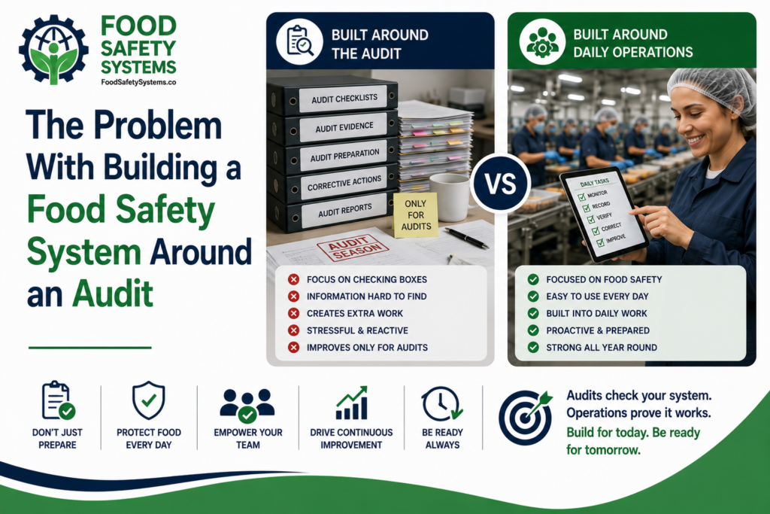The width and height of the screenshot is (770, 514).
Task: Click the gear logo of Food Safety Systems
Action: pyautogui.click(x=53, y=50)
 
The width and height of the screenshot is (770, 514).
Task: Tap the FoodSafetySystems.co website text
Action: pyautogui.click(x=138, y=82)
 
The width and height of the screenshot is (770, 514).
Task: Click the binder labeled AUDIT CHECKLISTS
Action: pyautogui.click(x=332, y=96)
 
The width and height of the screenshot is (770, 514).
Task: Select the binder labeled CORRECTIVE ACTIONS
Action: pyautogui.click(x=332, y=184)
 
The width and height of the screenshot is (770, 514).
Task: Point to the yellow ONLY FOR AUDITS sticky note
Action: pyautogui.click(x=415, y=214)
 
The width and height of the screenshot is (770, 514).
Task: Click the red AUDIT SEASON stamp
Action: pyautogui.click(x=353, y=247)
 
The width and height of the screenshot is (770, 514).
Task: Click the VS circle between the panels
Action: pyautogui.click(x=500, y=184)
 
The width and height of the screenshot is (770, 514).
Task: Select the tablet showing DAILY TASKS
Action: pyautogui.click(x=605, y=214)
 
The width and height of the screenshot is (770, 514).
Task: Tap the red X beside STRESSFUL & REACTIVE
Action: pyautogui.click(x=294, y=330)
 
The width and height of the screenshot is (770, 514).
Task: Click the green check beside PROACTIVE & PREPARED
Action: pyautogui.click(x=533, y=330)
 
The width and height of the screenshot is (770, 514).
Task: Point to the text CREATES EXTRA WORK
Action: pyautogui.click(x=355, y=314)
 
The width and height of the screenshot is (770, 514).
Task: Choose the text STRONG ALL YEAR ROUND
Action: pyautogui.click(x=602, y=348)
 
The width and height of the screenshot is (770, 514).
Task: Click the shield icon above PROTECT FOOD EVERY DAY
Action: pyautogui.click(x=148, y=400)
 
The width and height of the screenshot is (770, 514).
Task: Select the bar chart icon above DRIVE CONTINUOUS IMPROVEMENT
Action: pyautogui.click(x=352, y=403)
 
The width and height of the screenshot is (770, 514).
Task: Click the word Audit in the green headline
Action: pyautogui.click(x=113, y=293)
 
